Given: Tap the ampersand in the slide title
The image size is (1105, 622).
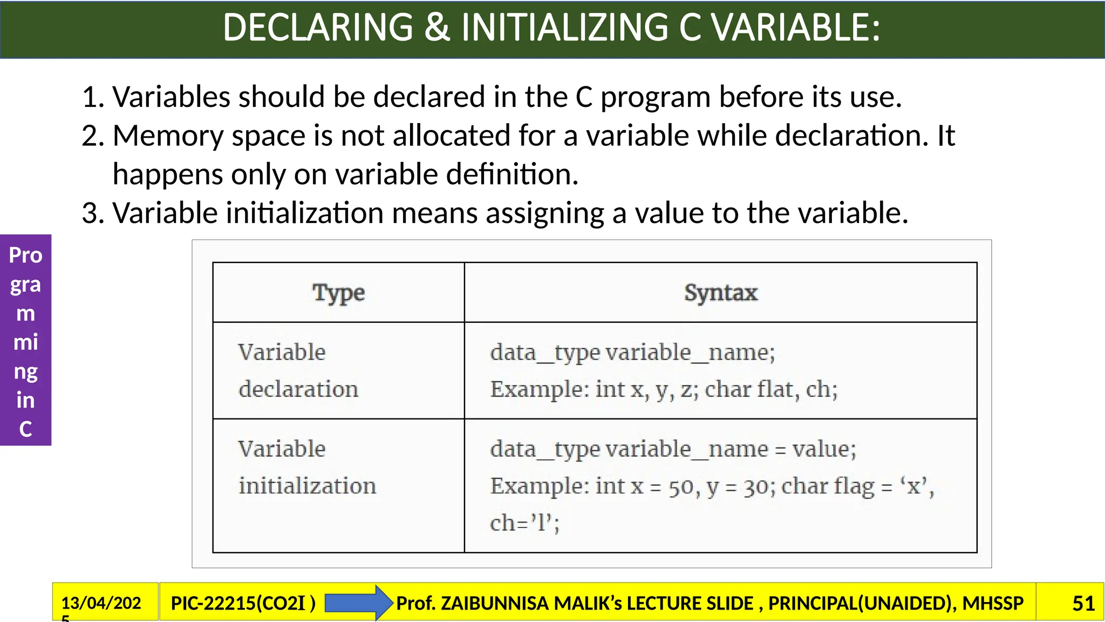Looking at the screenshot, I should pyautogui.click(x=437, y=28).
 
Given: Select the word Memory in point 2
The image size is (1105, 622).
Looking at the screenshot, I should pyautogui.click(x=168, y=136).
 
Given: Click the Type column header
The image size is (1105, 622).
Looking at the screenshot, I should pyautogui.click(x=338, y=293).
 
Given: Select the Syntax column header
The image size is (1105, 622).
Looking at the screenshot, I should pyautogui.click(x=721, y=293).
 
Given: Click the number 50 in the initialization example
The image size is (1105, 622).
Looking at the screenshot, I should pyautogui.click(x=684, y=487).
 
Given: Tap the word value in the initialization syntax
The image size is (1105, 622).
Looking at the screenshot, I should pyautogui.click(x=823, y=449).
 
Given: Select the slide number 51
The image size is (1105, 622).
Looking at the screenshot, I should pyautogui.click(x=1083, y=603).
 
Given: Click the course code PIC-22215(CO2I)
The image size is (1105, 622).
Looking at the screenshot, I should pyautogui.click(x=243, y=603).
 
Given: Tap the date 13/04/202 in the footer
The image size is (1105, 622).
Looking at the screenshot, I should pyautogui.click(x=101, y=603).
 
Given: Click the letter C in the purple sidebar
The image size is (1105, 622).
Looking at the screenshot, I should pyautogui.click(x=25, y=429).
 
